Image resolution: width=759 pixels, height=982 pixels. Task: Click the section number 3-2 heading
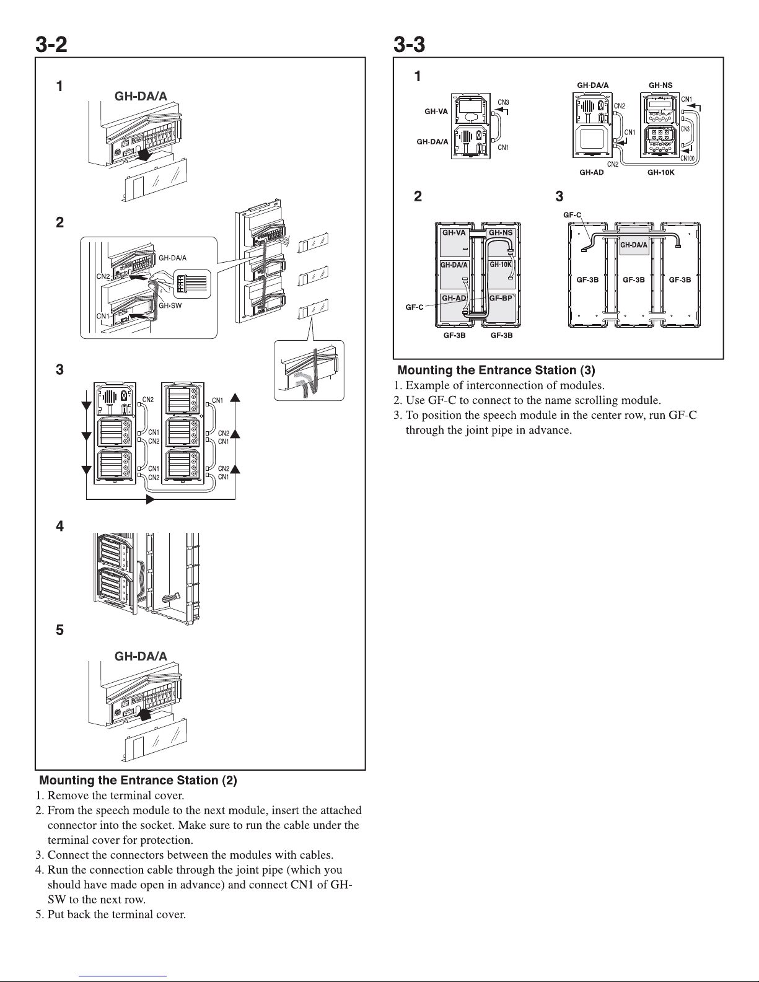point(50,45)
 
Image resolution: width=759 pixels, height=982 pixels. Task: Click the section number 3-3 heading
point(409,45)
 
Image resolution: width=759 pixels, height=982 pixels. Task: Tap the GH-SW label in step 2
point(170,305)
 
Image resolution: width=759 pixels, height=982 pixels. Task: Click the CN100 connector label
point(687,159)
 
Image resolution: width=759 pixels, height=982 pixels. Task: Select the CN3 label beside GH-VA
point(503,102)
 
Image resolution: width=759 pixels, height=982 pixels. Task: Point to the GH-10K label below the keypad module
point(660,173)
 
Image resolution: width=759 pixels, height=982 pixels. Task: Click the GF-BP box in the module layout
point(501,298)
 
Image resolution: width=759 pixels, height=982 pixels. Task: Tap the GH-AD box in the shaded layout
point(454,298)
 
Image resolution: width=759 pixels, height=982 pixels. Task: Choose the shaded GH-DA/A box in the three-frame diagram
point(634,245)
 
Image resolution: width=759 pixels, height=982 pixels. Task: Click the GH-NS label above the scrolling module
point(660,85)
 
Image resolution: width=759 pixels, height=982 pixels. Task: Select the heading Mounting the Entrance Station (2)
point(138,781)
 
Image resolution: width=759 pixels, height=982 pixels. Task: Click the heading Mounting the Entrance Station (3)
point(496,370)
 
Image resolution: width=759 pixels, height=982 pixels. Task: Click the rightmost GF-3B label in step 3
point(680,279)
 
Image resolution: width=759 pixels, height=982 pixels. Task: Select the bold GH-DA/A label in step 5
point(141,656)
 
